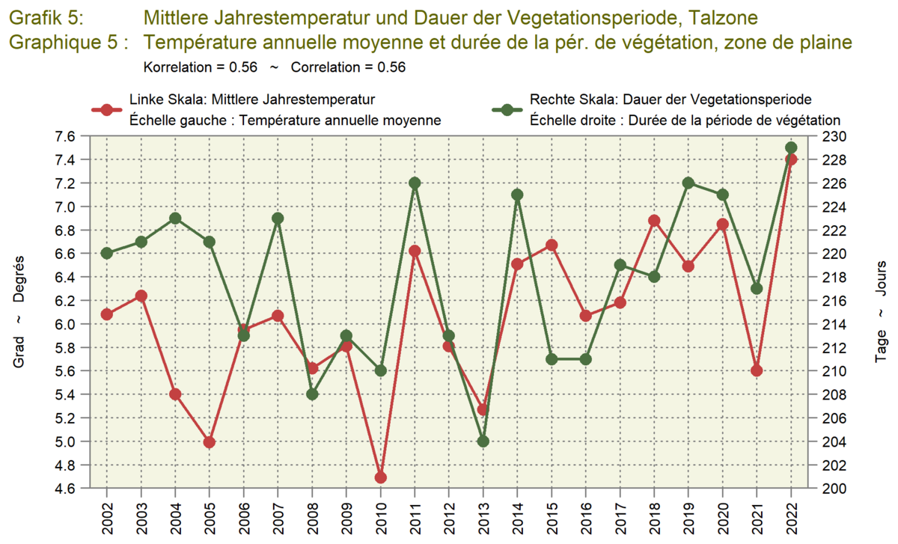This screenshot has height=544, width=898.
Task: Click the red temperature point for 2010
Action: (x=380, y=477)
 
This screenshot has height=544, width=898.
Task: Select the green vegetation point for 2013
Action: (x=483, y=441)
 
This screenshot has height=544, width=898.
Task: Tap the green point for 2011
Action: (x=415, y=183)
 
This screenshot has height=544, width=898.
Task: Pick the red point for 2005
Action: (x=210, y=442)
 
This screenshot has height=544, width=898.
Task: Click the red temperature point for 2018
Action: (x=654, y=220)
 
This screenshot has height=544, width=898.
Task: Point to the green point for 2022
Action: (x=791, y=147)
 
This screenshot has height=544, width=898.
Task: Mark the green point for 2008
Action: (x=312, y=394)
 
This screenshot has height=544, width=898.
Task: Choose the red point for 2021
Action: (x=757, y=370)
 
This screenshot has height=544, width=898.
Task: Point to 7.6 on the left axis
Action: (x=66, y=136)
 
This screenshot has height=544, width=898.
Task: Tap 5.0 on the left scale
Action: (x=66, y=441)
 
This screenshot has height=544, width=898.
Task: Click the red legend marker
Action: (x=106, y=110)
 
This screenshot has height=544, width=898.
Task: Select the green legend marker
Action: (x=507, y=110)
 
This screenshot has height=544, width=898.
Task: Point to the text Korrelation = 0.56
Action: (x=200, y=67)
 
